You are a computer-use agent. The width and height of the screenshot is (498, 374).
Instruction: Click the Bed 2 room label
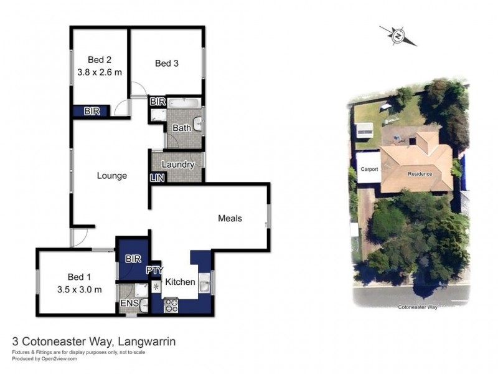coord(99,60)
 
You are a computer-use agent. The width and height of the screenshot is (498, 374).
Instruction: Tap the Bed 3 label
coord(166,63)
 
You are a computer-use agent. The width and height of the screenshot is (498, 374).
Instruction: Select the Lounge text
coord(112,176)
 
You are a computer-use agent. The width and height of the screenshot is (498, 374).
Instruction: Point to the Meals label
coord(230,218)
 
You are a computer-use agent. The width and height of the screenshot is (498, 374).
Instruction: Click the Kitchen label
coord(181,282)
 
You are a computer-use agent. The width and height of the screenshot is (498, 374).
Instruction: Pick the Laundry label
coord(178,165)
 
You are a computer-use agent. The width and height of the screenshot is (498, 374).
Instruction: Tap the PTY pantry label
coord(154,271)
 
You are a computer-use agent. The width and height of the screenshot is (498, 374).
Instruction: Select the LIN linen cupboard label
coord(156,178)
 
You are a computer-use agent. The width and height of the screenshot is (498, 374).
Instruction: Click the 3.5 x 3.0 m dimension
coord(79,289)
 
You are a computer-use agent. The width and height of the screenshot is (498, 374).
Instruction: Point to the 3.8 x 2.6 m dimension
coord(99,72)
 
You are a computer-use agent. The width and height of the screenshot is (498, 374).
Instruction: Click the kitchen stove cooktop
coord(171,305)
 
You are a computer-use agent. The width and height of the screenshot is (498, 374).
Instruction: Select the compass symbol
coord(398,36)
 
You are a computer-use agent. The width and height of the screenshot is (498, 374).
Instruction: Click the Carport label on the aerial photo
coord(368,169)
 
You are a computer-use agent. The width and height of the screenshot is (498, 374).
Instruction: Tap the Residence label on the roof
coord(420,173)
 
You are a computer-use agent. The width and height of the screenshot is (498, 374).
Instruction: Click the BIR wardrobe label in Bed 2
coord(92,111)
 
